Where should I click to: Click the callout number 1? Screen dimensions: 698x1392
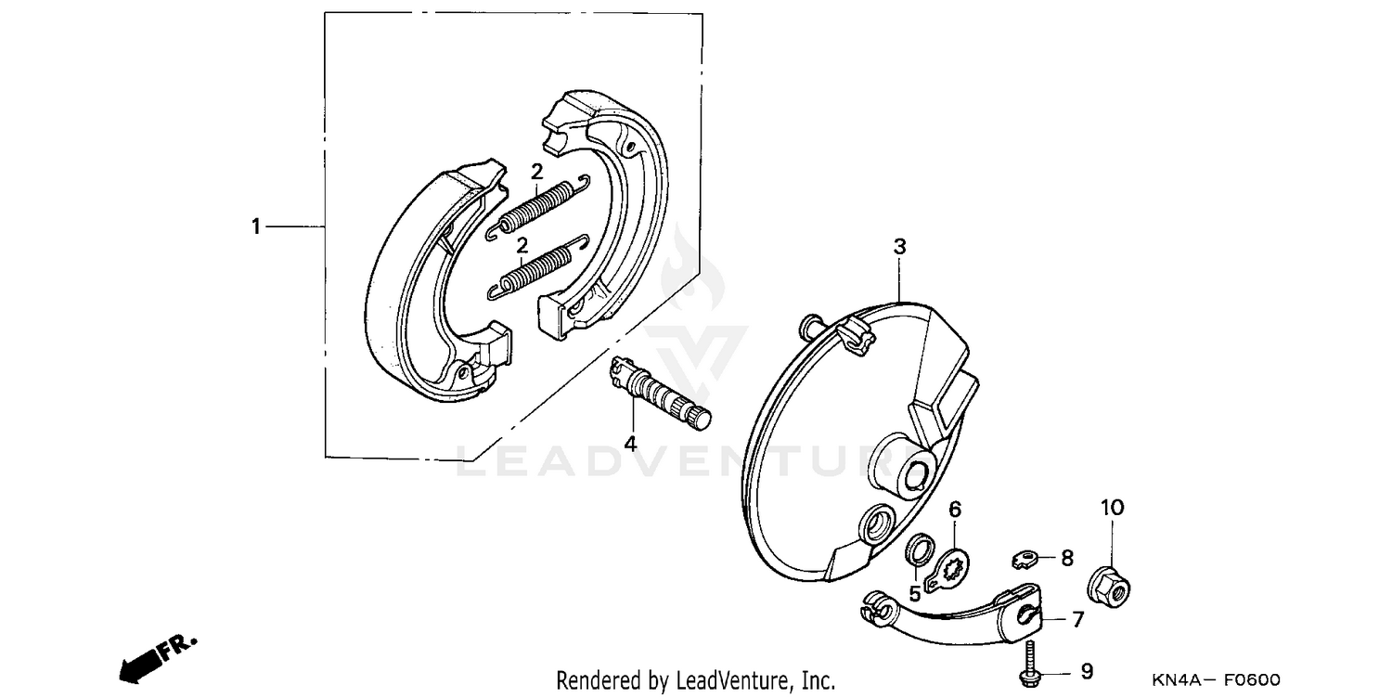256,226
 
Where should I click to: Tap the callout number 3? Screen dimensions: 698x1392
898,247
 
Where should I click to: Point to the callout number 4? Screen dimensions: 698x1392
630,444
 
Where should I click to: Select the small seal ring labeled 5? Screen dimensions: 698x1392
917,551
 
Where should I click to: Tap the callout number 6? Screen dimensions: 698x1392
955,509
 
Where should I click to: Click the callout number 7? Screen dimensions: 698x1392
1077,619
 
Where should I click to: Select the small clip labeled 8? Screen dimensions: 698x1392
1022,559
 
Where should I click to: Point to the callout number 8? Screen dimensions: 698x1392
1066,558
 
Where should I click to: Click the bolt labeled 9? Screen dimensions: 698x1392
1029,667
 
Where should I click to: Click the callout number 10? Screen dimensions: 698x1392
1112,508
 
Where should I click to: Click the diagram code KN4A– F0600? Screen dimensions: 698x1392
1216,680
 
